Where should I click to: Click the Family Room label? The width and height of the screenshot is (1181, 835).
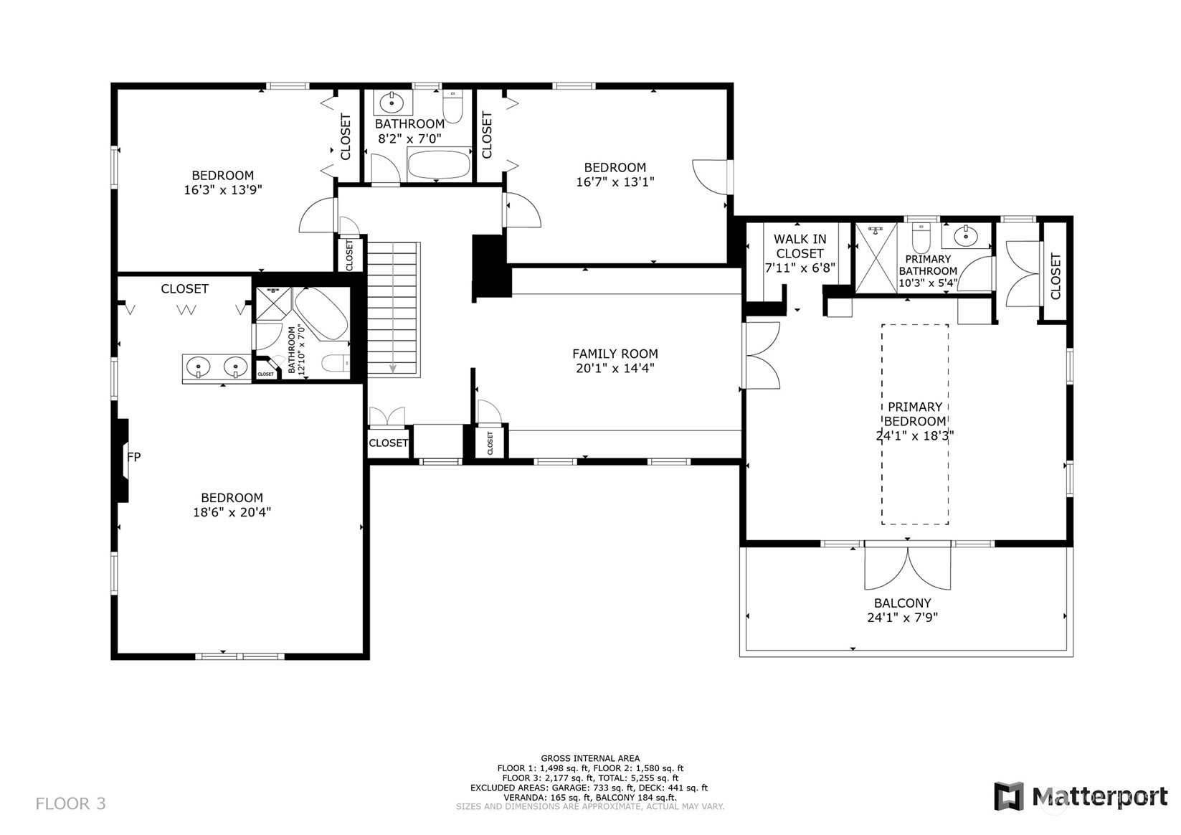tap(615, 354)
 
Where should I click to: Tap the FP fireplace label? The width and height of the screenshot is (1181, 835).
tap(134, 457)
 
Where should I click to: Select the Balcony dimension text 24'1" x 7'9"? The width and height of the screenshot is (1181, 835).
tap(902, 617)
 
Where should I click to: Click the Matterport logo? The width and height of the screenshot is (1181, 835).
tap(1081, 796)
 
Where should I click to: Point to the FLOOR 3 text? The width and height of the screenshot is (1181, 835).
tap(71, 804)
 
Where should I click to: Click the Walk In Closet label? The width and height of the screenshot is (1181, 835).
tap(800, 246)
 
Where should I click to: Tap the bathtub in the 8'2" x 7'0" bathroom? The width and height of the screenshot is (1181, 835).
tap(439, 164)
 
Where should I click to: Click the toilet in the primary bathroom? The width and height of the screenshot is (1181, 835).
tap(921, 238)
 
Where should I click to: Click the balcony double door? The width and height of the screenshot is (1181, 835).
tap(907, 566)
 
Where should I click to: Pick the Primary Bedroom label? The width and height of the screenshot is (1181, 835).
tap(915, 414)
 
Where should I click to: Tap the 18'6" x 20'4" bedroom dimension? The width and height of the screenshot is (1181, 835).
tap(232, 511)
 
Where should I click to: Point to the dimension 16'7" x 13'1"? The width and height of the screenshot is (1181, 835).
tap(615, 182)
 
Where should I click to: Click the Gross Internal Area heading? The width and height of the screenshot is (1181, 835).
tap(590, 758)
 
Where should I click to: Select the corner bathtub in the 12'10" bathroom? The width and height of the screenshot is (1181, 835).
tap(321, 313)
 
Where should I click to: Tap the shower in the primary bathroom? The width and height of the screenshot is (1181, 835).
tap(876, 258)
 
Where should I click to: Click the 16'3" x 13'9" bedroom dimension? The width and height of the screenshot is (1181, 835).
tap(222, 190)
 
